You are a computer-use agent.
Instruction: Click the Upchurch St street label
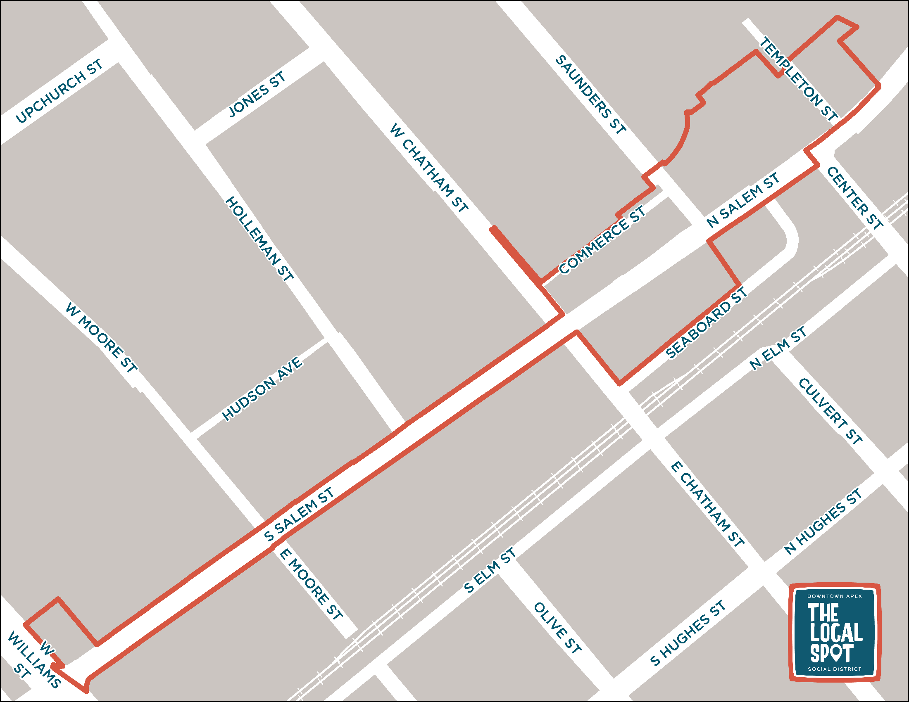(x=59, y=91)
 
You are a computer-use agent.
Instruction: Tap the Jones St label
(x=257, y=95)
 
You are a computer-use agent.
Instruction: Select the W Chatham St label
(x=429, y=168)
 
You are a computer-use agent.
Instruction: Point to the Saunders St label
(x=590, y=95)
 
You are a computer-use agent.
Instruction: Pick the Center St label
(x=854, y=198)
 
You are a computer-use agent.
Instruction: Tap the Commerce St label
(x=602, y=240)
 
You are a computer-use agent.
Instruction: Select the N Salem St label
(x=743, y=200)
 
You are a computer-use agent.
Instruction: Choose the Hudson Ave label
(x=262, y=389)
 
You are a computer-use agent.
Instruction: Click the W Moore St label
(x=101, y=338)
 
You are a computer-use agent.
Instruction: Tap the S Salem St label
(x=299, y=515)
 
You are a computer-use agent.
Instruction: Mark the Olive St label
(x=557, y=628)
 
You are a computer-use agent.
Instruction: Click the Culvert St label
(x=830, y=411)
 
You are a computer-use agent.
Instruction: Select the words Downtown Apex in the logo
(x=835, y=596)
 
